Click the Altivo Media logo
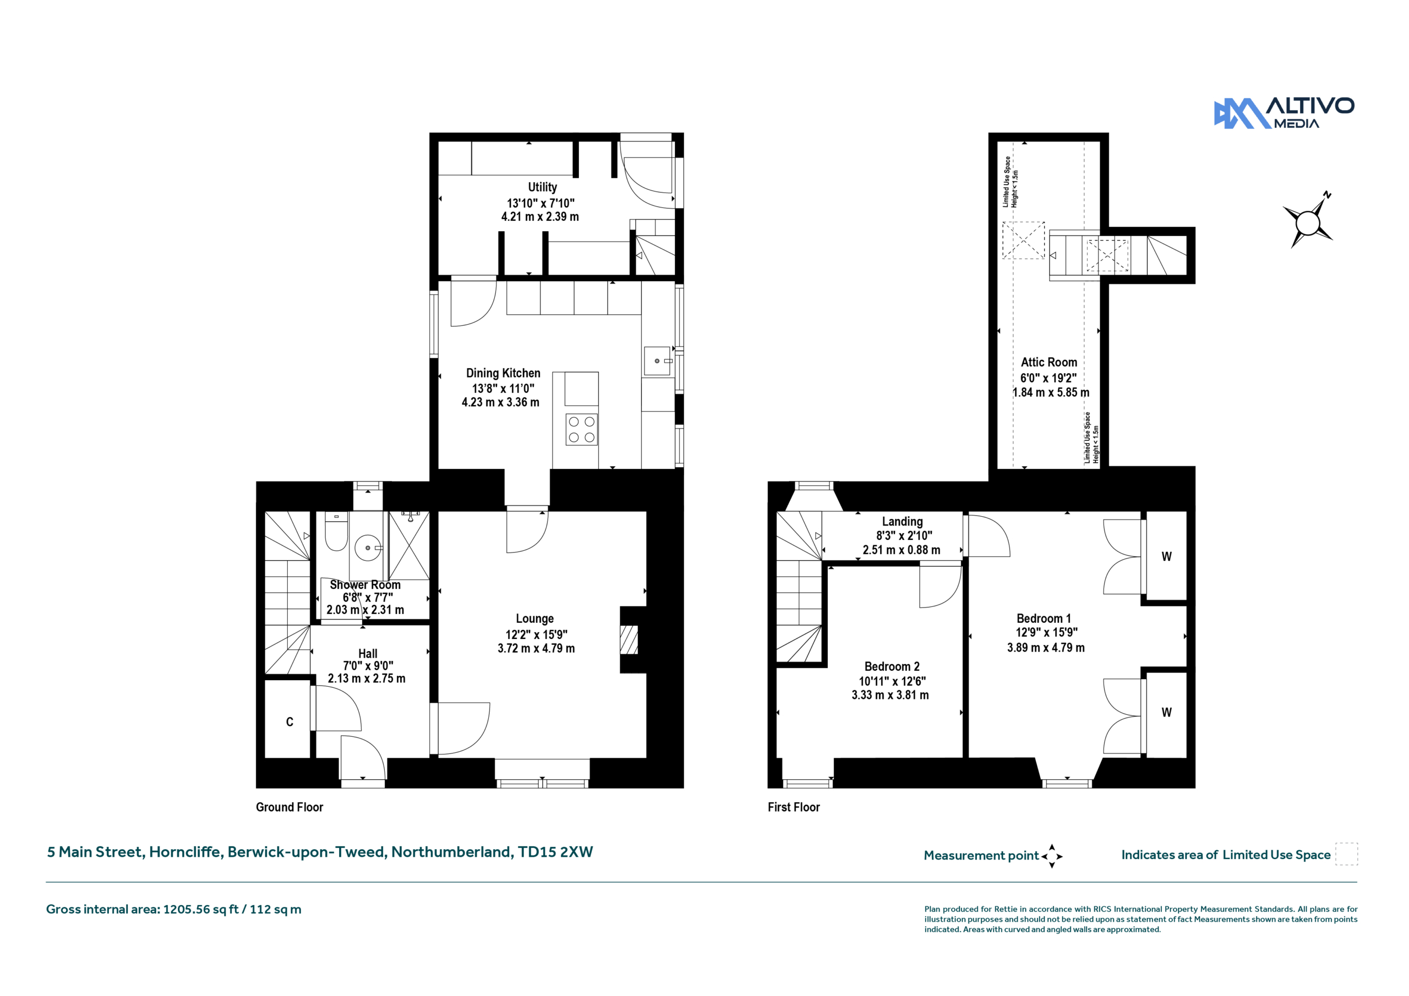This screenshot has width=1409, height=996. pos(1284,113)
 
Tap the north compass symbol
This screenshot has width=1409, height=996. pos(1309,220)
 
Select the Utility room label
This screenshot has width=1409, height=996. pos(543,187)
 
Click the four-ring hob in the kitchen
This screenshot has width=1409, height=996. pos(581,430)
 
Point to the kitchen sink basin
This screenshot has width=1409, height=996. pos(657,361)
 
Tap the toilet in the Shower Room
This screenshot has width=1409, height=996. pos(336,533)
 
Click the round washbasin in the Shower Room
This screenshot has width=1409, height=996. pos(368,548)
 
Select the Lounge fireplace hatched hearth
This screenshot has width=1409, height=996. pos(629,640)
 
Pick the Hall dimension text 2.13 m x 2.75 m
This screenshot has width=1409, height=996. pos(367,678)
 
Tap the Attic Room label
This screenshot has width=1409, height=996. pos(1049,363)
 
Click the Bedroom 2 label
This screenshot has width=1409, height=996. pos(892,666)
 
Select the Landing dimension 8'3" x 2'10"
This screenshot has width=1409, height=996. pos(904,536)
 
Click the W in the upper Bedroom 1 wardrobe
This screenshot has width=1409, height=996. pos(1167,557)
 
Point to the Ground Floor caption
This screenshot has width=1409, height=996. pos(290,807)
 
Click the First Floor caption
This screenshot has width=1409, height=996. pos(794,807)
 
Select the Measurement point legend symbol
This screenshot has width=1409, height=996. pos(1052,856)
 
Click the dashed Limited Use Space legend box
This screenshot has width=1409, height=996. pos(1346,854)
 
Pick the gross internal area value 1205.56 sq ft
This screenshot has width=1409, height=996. pos(201,910)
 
